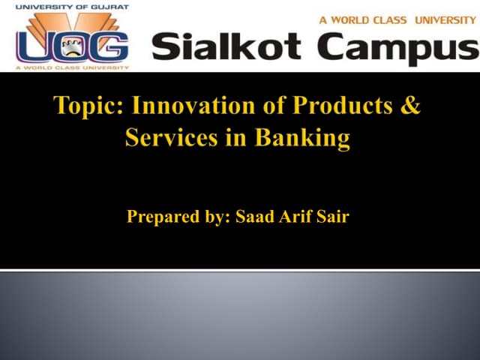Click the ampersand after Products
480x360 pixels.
point(411,106)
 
